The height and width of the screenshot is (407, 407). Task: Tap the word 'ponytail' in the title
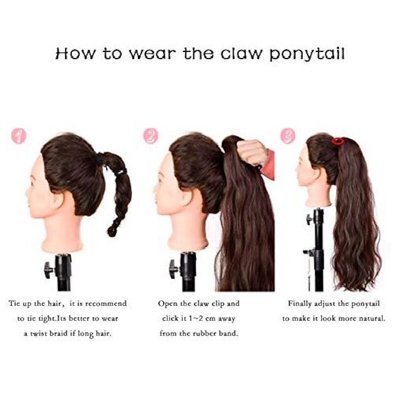[307, 54]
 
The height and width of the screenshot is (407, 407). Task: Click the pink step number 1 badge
[18, 136]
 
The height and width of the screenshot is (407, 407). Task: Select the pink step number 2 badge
[151, 136]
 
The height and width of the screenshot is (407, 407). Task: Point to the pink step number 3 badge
[288, 136]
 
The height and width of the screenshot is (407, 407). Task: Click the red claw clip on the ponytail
[338, 141]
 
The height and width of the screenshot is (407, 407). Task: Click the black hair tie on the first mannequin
[100, 159]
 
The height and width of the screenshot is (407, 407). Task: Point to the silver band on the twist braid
[121, 172]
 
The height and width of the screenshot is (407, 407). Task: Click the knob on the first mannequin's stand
[48, 270]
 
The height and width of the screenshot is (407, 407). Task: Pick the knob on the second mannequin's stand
[173, 269]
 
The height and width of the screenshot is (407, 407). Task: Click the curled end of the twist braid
[112, 231]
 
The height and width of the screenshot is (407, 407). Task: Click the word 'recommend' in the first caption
[106, 303]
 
